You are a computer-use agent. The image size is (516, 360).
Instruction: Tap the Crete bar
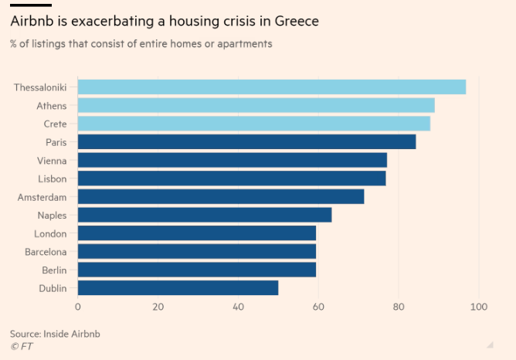click(x=254, y=124)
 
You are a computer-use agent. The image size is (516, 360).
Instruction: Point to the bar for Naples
click(x=205, y=215)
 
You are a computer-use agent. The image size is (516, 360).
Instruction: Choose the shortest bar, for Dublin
click(x=178, y=288)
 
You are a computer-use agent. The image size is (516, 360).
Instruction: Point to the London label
click(x=50, y=233)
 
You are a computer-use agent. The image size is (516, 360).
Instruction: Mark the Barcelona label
click(x=45, y=252)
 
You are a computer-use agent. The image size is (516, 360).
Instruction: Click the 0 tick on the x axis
click(x=78, y=307)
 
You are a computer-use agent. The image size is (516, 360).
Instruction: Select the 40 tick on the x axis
click(x=238, y=307)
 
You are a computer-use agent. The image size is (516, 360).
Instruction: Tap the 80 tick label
click(x=399, y=307)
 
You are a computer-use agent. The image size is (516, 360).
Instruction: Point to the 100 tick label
click(x=479, y=307)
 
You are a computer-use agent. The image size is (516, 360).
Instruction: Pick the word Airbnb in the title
click(x=33, y=22)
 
